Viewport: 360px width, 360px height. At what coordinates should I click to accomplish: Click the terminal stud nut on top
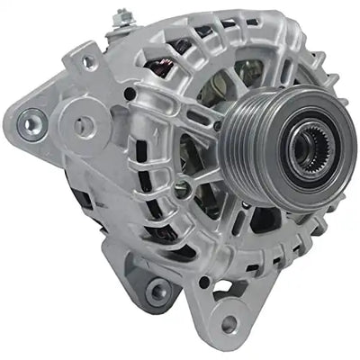[x=120, y=15]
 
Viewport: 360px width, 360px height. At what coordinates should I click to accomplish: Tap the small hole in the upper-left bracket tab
[x=87, y=62]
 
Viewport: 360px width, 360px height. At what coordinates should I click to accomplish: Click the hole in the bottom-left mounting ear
[x=159, y=289]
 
